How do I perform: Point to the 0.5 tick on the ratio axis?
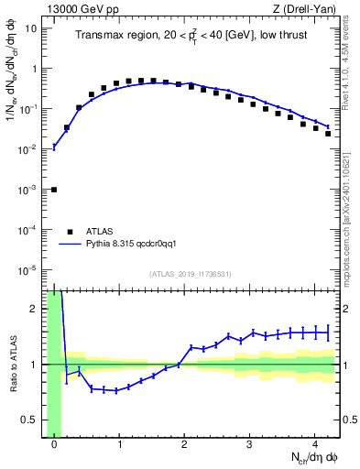point(34,420)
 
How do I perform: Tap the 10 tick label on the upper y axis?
point(32,27)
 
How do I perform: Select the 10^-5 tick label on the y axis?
point(30,269)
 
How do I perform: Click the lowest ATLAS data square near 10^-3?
point(54,190)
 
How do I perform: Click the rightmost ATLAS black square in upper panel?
point(327,134)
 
